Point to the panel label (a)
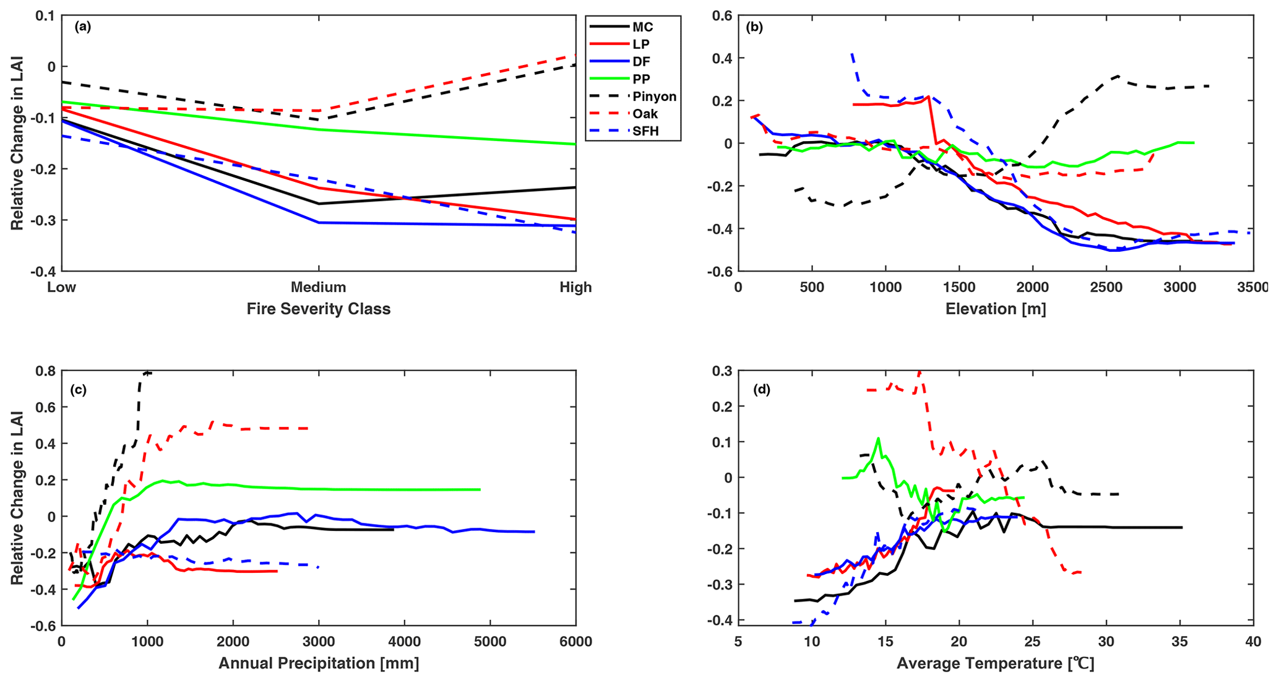(82, 27)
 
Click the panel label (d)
(761, 390)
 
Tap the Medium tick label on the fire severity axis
(318, 287)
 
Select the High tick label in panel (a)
(575, 287)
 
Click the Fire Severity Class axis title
(318, 309)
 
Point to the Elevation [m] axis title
(995, 309)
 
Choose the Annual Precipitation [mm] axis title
(318, 664)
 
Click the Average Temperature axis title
(995, 664)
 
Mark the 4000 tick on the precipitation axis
(404, 642)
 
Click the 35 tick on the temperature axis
(1179, 642)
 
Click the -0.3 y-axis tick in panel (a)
(42, 221)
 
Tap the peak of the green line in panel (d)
(877, 439)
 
